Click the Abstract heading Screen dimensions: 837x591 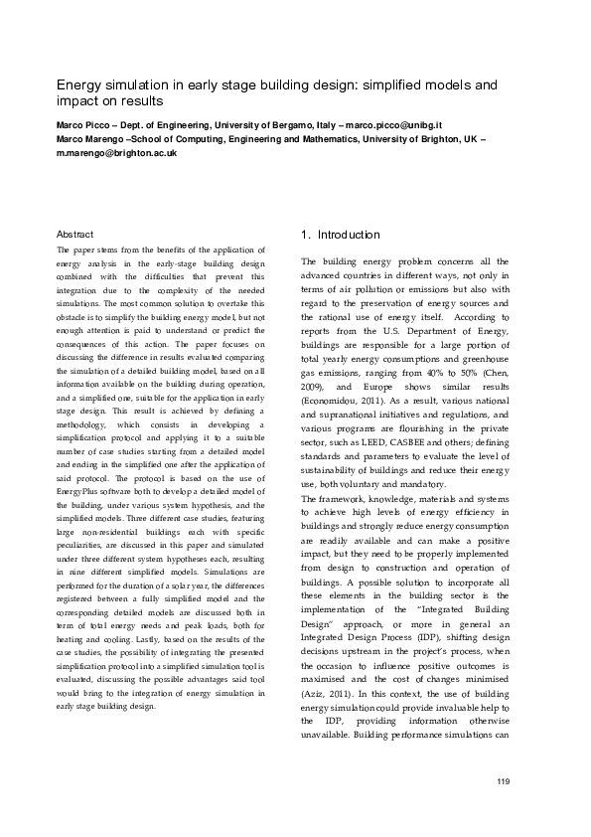[x=75, y=234]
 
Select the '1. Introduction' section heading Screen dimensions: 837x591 [x=340, y=235]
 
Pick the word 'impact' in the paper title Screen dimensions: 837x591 [x=76, y=101]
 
